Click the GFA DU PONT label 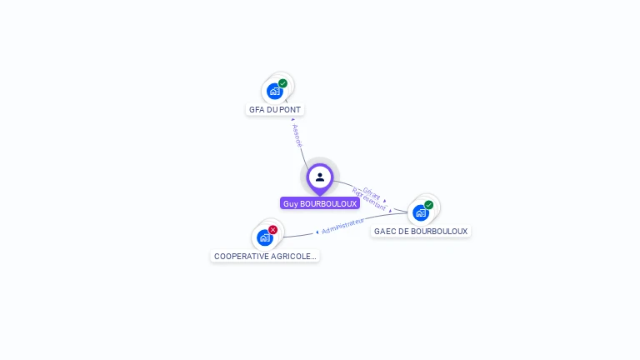click(x=275, y=109)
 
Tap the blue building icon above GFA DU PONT click(x=274, y=92)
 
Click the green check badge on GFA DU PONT click(x=283, y=83)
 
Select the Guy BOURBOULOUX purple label click(x=320, y=203)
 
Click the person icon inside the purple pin click(x=320, y=177)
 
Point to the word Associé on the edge click(x=298, y=135)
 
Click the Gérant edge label click(x=372, y=193)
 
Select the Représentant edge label click(x=370, y=201)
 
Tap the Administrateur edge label click(x=343, y=226)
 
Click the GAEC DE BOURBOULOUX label click(x=421, y=231)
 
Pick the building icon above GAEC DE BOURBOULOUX click(x=420, y=213)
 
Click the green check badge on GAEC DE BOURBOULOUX click(x=429, y=205)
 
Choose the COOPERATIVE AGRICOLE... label click(x=265, y=256)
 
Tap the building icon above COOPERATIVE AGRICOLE click(x=264, y=238)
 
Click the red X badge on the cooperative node click(x=273, y=230)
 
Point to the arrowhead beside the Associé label click(x=292, y=119)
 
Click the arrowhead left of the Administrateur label click(x=317, y=232)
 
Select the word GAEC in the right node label click(x=384, y=231)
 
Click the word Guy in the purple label click(x=290, y=203)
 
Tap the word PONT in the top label click(x=290, y=109)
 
